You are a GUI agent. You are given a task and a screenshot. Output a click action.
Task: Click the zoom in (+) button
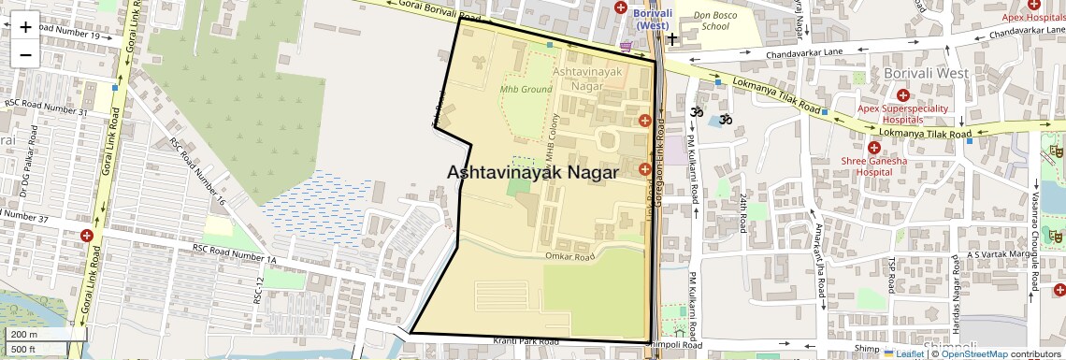(25, 26)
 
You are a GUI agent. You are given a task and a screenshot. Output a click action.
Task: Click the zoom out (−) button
(25, 54)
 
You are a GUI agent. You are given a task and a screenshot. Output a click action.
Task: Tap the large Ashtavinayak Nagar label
(533, 173)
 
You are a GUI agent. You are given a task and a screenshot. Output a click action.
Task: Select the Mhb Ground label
(526, 90)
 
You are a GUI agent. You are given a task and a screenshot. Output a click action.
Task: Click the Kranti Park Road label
(529, 341)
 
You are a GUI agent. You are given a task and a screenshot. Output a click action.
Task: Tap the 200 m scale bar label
(24, 334)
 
